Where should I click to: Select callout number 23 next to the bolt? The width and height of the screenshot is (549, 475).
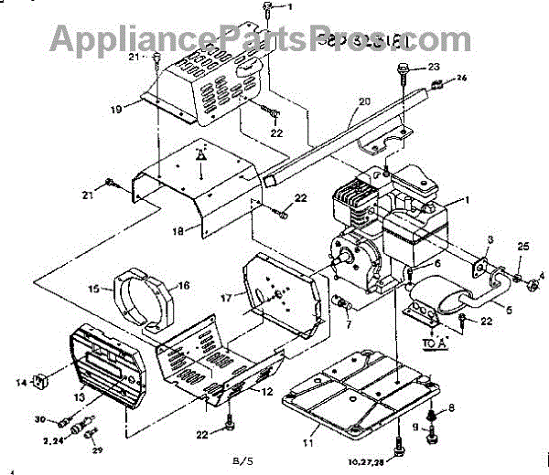coord(434,67)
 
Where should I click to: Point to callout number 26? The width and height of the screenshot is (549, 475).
coord(461,79)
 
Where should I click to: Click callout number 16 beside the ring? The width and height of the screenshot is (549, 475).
coord(183,286)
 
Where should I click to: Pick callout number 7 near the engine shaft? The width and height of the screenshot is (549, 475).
coord(348,322)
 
